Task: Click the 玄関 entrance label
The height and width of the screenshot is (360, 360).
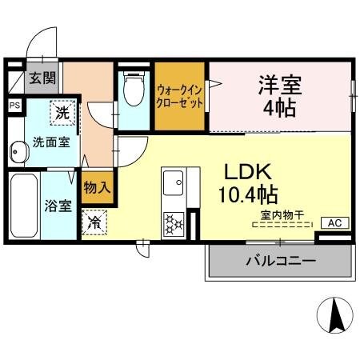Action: pyautogui.click(x=43, y=78)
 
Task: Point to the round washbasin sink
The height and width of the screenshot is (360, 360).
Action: pyautogui.click(x=15, y=151)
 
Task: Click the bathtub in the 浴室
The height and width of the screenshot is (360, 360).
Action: pyautogui.click(x=22, y=205)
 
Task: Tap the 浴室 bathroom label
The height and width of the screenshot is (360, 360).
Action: pyautogui.click(x=58, y=205)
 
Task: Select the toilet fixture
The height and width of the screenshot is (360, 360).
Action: pyautogui.click(x=133, y=93)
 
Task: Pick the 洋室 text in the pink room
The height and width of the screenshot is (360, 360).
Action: pyautogui.click(x=278, y=83)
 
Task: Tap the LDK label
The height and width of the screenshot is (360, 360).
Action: pyautogui.click(x=248, y=171)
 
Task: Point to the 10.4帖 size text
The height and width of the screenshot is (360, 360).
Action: pyautogui.click(x=248, y=194)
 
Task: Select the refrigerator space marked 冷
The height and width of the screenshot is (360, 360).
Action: pyautogui.click(x=94, y=220)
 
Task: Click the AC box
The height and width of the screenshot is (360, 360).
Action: pyautogui.click(x=334, y=223)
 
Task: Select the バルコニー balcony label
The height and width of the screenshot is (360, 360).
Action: pyautogui.click(x=280, y=261)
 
